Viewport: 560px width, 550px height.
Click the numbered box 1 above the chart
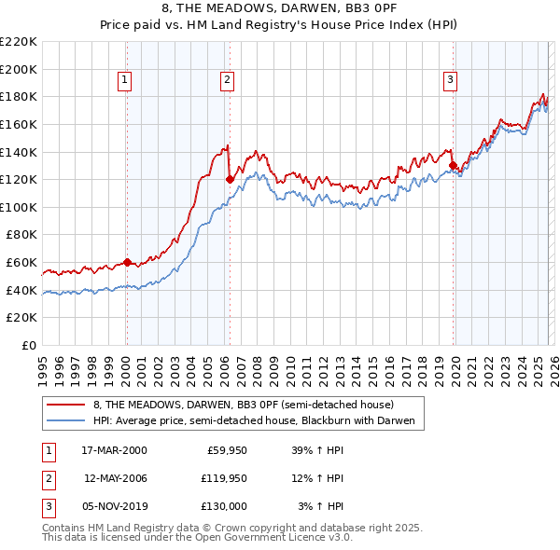126,81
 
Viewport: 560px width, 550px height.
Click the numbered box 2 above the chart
227,81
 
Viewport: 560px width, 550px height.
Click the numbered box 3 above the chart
450,81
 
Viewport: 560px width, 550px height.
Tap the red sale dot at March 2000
127,262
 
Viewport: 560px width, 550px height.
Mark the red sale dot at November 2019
453,165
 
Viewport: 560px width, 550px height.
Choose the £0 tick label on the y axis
28,345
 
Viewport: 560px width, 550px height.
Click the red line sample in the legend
65,405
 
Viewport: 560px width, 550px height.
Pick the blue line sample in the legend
65,420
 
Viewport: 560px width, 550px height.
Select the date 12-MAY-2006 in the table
116,478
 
